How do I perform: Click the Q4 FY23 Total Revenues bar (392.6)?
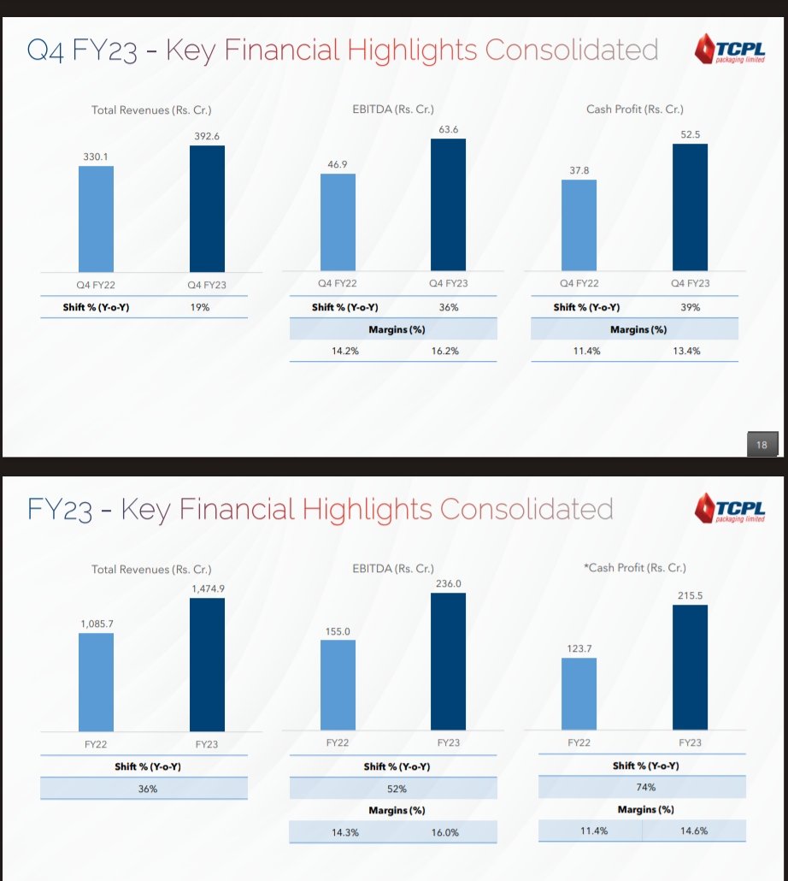point(207,209)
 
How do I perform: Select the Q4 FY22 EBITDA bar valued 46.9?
point(338,223)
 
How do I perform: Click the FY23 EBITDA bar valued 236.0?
point(448,662)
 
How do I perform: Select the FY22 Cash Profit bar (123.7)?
point(579,695)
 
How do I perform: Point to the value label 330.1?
point(96,157)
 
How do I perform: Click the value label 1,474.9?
point(207,588)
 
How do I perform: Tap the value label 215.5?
point(690,595)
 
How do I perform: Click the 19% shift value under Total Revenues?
point(202,307)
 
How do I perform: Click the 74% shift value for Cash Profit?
point(645,787)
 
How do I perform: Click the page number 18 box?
point(762,444)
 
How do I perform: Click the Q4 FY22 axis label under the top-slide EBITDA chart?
point(337,283)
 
